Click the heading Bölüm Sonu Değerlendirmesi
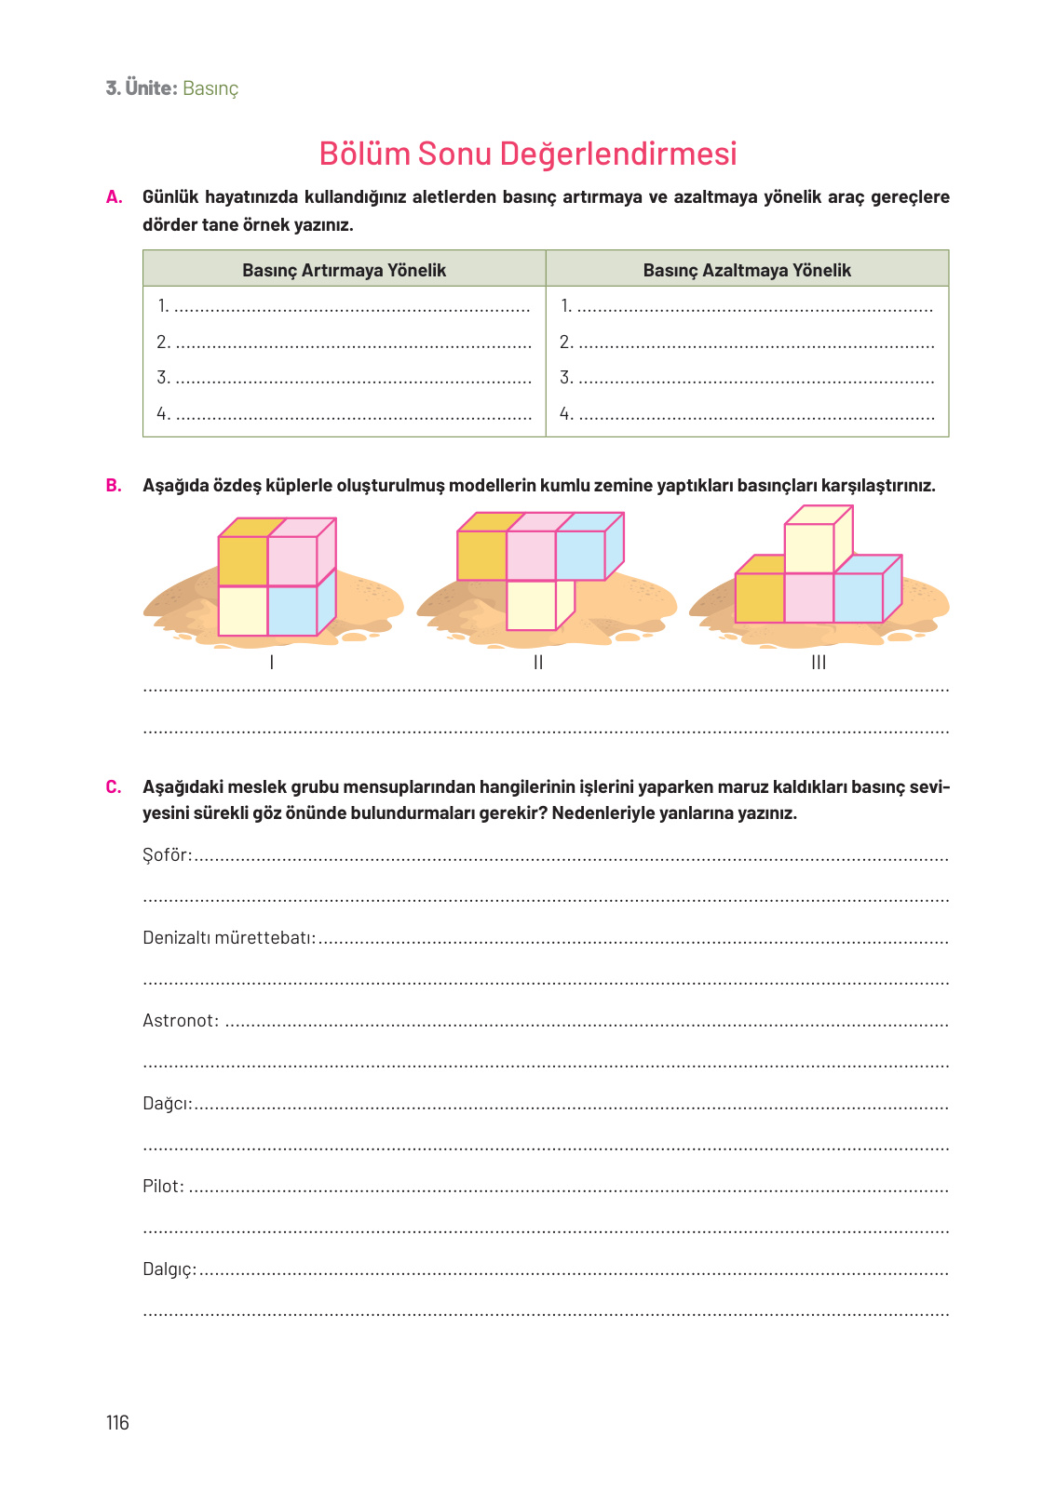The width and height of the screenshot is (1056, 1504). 528,154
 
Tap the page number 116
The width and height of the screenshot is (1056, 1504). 117,1422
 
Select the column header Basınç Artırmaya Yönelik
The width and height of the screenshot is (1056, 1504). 344,270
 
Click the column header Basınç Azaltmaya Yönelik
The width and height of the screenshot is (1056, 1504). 747,270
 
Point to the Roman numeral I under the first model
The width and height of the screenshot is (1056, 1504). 271,663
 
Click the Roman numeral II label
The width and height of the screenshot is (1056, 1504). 538,663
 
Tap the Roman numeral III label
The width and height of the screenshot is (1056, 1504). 819,663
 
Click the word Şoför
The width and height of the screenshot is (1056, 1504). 167,855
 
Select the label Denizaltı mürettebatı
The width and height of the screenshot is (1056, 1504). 229,938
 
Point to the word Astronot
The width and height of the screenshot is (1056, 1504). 181,1021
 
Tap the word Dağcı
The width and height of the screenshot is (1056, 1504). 167,1104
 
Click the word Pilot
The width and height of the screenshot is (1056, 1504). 163,1187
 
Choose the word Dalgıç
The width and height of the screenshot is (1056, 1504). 169,1269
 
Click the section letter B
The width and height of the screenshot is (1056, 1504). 114,485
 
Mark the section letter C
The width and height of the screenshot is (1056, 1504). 114,787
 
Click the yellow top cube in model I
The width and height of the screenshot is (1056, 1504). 243,560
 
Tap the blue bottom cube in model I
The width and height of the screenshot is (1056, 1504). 292,611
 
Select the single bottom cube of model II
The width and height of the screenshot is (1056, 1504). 532,605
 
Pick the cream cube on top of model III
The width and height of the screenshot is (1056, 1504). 809,548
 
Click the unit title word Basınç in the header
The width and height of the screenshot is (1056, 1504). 210,88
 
